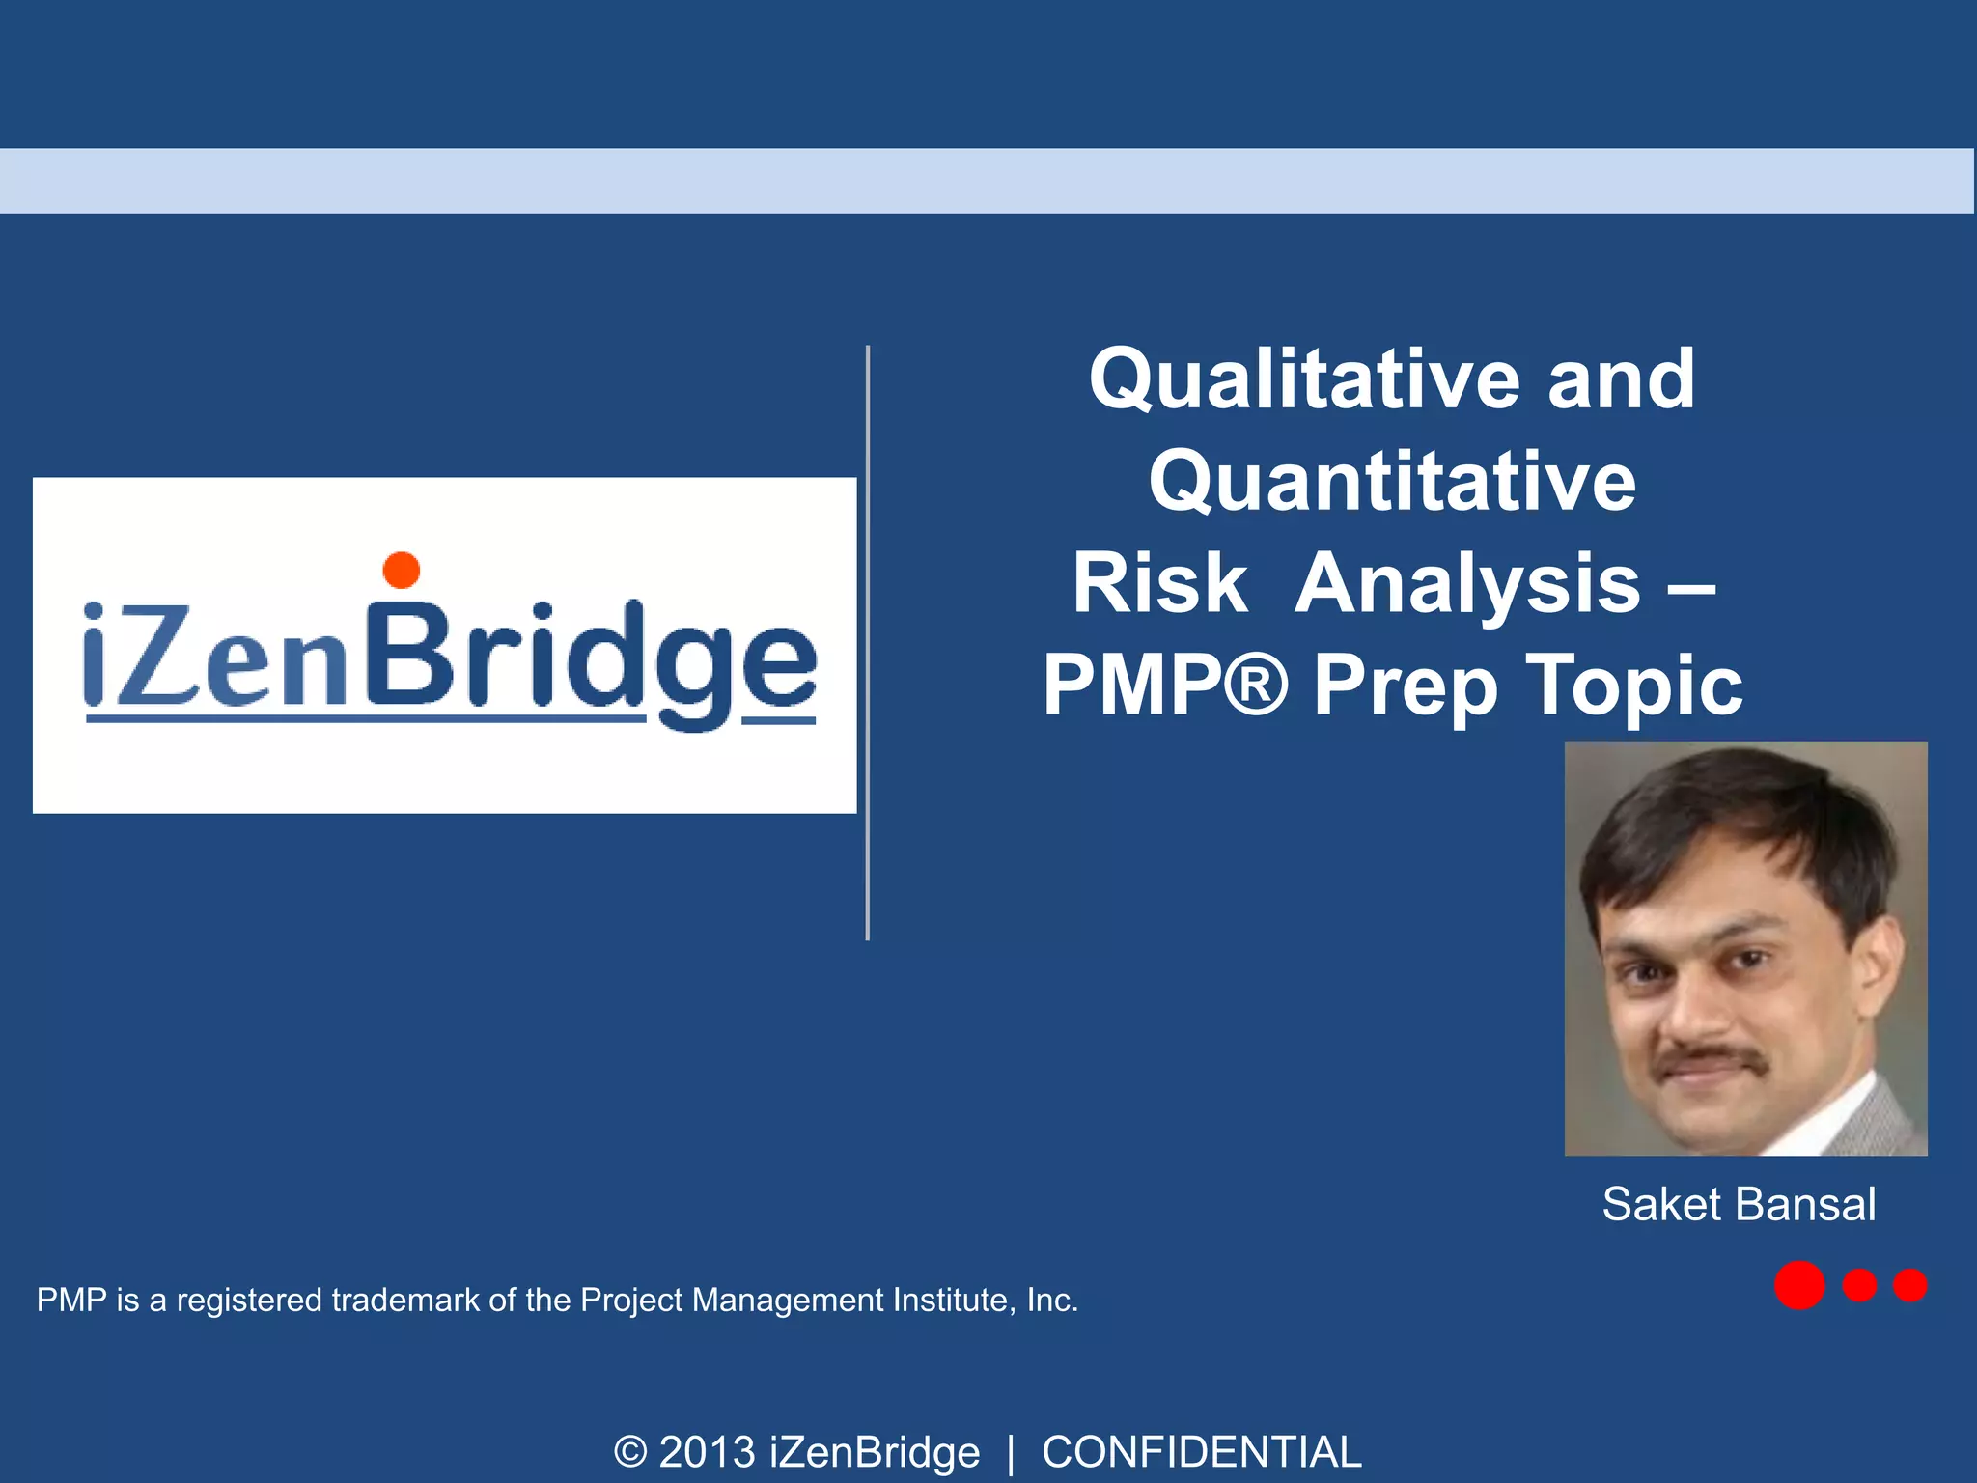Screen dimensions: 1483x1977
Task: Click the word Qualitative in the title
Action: [1305, 379]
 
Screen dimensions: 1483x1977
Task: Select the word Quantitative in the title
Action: [1392, 482]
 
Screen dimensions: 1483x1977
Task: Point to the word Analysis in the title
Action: [1466, 585]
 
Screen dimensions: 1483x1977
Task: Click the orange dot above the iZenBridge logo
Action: [402, 570]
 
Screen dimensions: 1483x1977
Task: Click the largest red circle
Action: [1799, 1285]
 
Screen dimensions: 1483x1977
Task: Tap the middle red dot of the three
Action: [1859, 1285]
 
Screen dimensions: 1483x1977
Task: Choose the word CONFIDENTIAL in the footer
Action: [1201, 1452]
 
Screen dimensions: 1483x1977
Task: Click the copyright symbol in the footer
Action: [630, 1452]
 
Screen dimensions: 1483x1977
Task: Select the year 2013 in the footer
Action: [707, 1452]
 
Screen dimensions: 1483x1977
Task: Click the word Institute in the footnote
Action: [950, 1301]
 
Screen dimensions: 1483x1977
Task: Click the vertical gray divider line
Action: [868, 642]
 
